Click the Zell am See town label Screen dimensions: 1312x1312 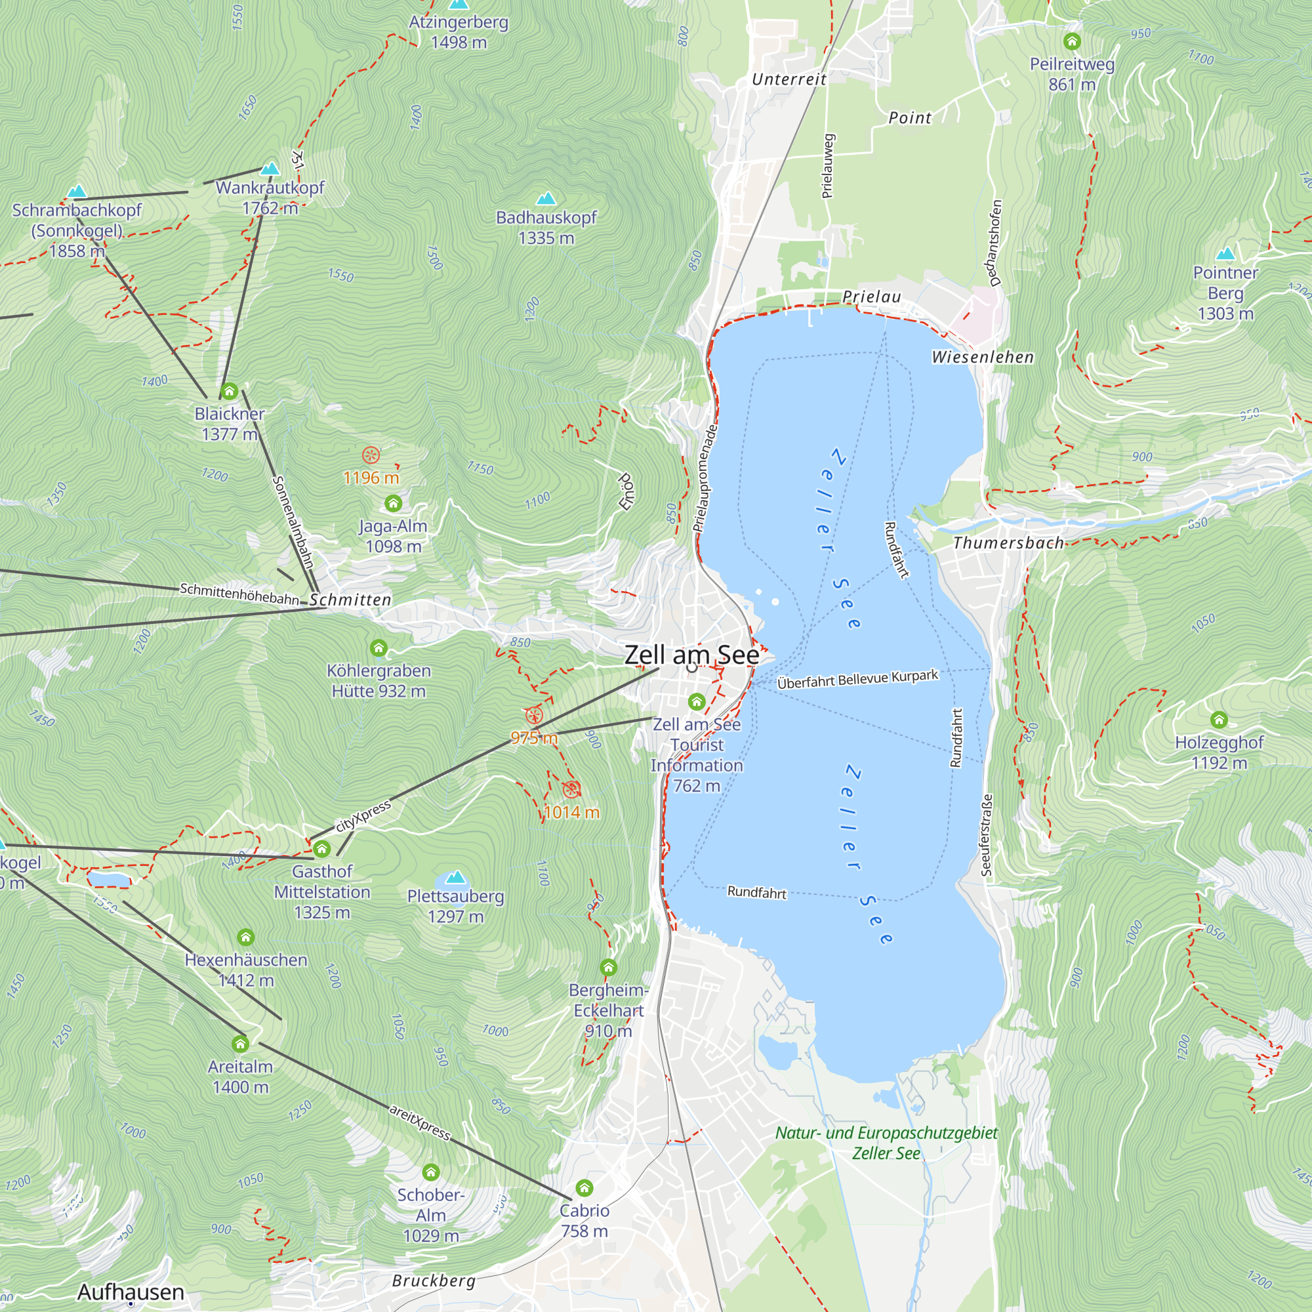pos(691,655)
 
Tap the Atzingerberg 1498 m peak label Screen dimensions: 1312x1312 pos(459,32)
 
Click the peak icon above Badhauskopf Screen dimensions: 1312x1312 pos(546,199)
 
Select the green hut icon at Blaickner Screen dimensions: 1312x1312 pos(230,391)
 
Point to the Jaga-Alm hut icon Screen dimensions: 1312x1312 pos(393,503)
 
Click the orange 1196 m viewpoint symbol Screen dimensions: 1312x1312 pos(371,455)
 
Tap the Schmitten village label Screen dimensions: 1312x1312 pos(350,600)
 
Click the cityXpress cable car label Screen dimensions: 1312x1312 pos(363,815)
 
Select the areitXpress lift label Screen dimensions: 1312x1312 pos(420,1122)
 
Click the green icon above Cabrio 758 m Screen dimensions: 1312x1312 pos(584,1188)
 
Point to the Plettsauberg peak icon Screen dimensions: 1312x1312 pos(455,876)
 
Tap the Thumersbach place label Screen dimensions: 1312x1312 pos(1008,543)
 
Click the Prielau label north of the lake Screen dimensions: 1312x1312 pos(871,297)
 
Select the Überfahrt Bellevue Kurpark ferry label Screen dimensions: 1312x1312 pos(857,679)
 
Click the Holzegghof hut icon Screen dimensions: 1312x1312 pos(1219,719)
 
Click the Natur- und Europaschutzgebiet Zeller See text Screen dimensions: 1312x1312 pos(886,1142)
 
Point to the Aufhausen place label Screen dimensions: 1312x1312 pos(131,1292)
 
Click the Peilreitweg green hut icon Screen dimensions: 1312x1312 pos(1072,41)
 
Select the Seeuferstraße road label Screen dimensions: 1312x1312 pos(987,834)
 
